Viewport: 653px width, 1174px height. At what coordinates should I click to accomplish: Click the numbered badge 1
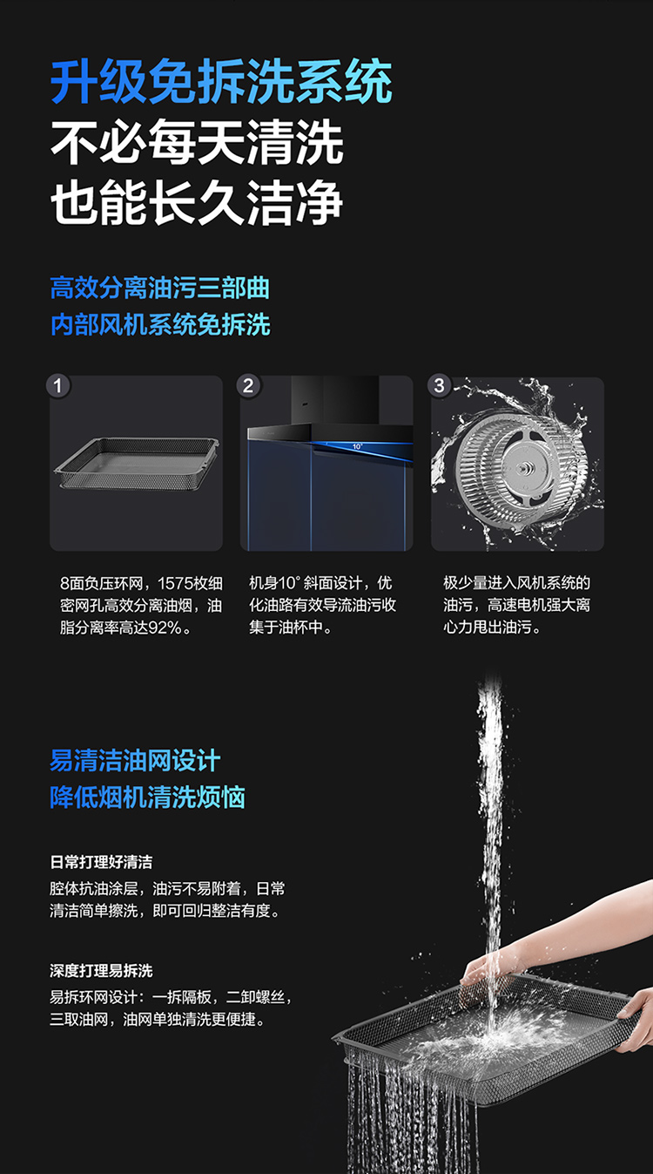[58, 386]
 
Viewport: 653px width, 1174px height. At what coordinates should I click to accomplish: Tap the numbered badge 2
[248, 386]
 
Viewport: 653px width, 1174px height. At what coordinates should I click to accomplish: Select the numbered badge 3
[440, 386]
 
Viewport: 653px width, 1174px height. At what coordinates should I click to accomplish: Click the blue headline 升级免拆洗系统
[221, 82]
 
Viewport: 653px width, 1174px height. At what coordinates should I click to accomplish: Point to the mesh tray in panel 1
[137, 464]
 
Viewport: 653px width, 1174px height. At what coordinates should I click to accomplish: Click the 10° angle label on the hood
[357, 446]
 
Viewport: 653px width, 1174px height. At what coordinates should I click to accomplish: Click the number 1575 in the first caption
[174, 583]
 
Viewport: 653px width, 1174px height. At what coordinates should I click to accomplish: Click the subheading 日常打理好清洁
[101, 862]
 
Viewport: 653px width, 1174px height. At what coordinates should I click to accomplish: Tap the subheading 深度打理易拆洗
[101, 971]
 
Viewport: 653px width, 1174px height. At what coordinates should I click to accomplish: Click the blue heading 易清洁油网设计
[135, 761]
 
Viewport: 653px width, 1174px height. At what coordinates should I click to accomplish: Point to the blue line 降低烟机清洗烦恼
[148, 797]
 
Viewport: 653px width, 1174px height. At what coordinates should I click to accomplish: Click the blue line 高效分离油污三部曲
[159, 288]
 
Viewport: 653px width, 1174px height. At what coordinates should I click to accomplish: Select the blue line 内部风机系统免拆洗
[160, 324]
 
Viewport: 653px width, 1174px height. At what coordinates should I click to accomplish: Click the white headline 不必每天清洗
[197, 142]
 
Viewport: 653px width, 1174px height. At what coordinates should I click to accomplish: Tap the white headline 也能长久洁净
[197, 203]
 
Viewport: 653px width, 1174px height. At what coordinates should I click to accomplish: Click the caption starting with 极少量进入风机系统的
[517, 605]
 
